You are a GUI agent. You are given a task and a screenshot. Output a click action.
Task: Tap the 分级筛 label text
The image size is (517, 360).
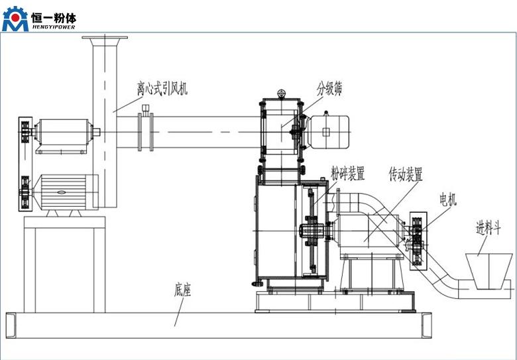pos(329,88)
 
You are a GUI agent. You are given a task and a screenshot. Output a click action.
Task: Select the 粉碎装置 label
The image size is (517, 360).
pos(348,174)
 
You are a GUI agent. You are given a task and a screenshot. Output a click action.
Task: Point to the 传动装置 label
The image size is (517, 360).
pos(406,174)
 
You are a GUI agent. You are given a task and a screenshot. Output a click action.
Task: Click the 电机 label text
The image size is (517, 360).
pos(448,199)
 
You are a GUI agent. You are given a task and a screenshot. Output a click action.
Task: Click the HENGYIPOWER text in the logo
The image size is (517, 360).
pos(54,27)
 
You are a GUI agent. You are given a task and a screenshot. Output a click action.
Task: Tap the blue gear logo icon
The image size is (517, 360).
pos(15,20)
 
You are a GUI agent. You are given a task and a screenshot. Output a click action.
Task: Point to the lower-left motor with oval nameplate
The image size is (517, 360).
pos(63,192)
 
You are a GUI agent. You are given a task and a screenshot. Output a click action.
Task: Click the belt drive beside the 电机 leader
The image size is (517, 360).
pos(418,242)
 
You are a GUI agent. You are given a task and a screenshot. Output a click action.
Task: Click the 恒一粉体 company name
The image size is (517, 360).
pos(54,15)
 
